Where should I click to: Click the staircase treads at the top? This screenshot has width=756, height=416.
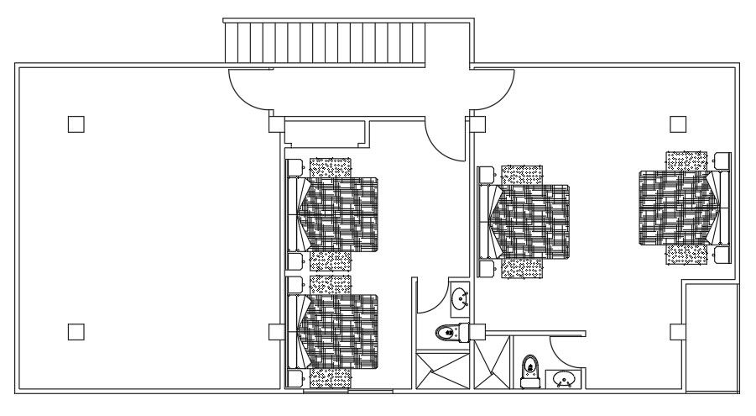pos(326,42)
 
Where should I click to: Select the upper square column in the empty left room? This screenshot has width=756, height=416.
pos(76,124)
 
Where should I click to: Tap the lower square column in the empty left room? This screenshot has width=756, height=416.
pos(76,332)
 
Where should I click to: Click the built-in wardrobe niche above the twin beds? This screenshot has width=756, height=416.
pos(325,133)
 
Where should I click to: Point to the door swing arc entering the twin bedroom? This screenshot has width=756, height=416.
pos(444,140)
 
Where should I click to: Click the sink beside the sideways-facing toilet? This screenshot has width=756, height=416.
pos(460,298)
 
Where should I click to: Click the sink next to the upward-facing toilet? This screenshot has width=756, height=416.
pos(564,380)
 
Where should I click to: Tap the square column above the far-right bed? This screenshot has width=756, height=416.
pos(678,124)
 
